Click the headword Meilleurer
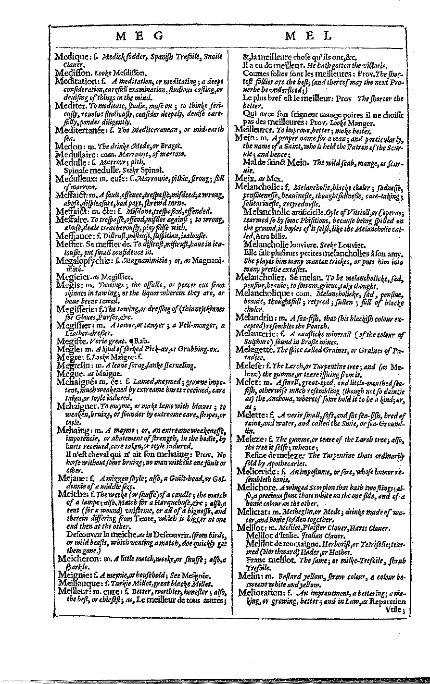255,128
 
